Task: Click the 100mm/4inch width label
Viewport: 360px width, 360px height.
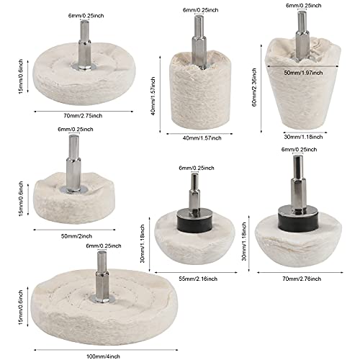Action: click(x=103, y=356)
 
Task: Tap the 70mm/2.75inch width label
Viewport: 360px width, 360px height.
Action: click(x=83, y=116)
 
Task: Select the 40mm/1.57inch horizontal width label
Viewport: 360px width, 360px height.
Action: click(x=202, y=138)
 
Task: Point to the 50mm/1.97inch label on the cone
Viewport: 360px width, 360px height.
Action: click(x=303, y=73)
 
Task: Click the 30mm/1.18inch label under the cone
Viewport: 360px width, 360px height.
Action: click(x=303, y=137)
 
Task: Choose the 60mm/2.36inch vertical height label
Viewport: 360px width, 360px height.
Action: click(x=254, y=87)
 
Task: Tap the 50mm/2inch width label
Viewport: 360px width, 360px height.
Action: click(x=76, y=236)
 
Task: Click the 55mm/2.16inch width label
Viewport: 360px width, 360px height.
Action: click(x=198, y=279)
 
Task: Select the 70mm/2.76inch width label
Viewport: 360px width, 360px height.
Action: click(x=302, y=279)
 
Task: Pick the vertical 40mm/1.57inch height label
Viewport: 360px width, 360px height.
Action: click(x=153, y=96)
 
